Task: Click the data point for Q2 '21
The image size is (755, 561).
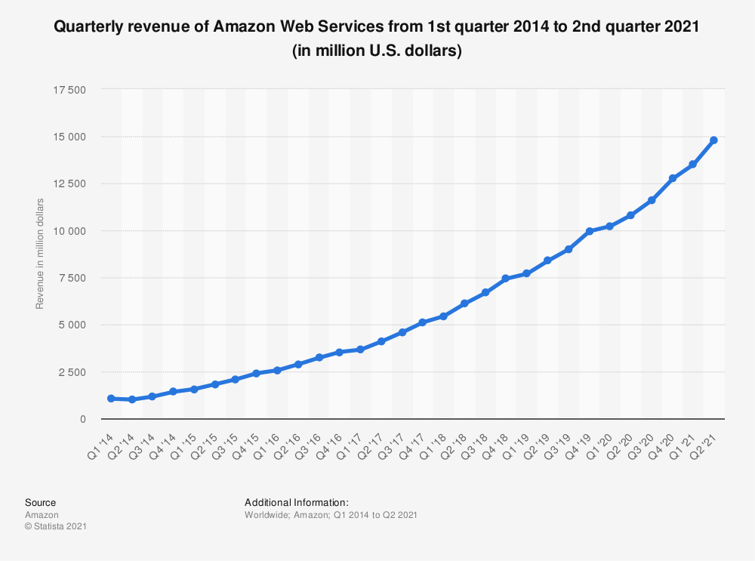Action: click(713, 140)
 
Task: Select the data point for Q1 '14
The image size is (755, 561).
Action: click(111, 398)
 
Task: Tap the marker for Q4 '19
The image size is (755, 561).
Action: click(589, 231)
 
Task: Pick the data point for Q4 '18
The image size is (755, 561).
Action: click(506, 279)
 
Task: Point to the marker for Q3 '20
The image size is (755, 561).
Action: click(651, 200)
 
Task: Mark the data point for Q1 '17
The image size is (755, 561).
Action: click(360, 350)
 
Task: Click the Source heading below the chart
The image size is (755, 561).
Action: click(40, 502)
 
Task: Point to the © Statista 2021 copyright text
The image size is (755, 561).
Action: click(55, 526)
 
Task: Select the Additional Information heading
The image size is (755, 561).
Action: click(296, 502)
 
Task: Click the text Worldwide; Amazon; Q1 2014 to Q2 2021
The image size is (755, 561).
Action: click(331, 514)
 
